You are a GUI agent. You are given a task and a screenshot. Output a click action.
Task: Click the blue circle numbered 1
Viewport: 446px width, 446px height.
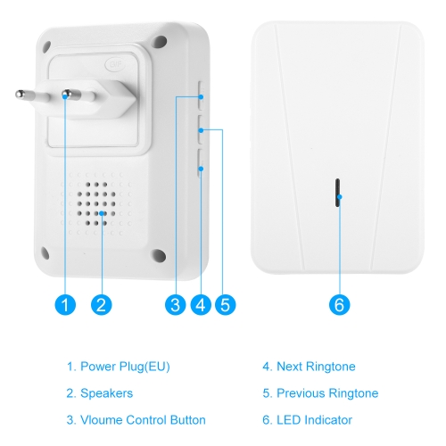coord(65,305)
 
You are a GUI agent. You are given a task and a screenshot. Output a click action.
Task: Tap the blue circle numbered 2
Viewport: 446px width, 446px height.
coord(102,305)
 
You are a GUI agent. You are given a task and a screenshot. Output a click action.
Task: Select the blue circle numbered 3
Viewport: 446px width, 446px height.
coord(176,305)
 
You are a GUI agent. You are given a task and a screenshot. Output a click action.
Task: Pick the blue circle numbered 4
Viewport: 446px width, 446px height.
coord(201,305)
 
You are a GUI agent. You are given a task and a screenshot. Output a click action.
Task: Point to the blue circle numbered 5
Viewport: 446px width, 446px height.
coord(226,305)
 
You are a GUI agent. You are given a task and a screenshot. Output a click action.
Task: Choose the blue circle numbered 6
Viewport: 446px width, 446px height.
coord(340,305)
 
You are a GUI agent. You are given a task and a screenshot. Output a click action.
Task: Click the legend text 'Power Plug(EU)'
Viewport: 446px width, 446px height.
coord(125,367)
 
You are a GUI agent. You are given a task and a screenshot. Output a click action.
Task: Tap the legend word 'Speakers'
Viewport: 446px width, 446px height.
coord(107,393)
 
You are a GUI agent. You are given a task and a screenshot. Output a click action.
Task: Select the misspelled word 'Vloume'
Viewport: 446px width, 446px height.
coord(102,420)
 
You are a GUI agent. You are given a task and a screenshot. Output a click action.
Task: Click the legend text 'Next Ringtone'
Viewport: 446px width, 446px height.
coord(316,367)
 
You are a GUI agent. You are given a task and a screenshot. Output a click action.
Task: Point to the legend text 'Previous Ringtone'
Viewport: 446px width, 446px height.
coord(327,393)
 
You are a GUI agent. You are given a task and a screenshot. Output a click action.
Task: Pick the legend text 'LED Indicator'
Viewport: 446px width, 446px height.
coord(314,420)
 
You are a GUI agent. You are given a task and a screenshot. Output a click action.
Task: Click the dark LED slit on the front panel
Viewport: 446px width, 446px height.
coord(337,193)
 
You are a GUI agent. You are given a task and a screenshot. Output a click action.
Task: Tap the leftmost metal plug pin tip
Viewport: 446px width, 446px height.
coord(20,95)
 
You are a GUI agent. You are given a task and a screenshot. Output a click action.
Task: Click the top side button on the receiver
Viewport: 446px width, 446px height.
coord(202,95)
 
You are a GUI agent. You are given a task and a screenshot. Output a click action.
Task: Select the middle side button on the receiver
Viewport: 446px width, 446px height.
coord(201,130)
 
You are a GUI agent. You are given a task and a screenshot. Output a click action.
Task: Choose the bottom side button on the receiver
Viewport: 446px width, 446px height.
coord(201,163)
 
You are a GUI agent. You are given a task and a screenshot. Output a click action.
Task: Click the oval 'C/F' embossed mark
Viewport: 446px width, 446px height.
coord(115,64)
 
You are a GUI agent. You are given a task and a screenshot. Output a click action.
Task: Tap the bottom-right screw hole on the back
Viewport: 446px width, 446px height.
coord(159,255)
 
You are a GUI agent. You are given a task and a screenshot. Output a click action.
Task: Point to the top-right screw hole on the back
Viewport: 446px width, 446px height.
coord(160,42)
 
